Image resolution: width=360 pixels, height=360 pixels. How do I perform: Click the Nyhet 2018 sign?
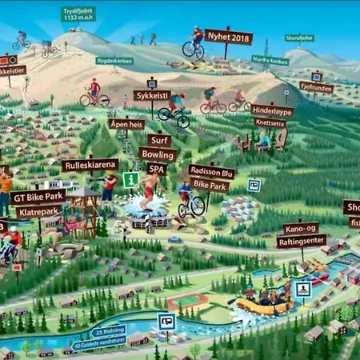point(228,37)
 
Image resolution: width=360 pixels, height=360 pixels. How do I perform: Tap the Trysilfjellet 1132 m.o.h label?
point(78,14)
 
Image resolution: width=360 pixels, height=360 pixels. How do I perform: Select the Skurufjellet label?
point(299,38)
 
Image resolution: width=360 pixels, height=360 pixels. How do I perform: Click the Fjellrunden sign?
point(316,87)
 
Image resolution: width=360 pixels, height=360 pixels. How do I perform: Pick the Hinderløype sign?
point(272,111)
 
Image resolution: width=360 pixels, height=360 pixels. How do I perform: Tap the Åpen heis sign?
point(126,124)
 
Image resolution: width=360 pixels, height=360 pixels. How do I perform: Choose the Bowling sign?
point(158,154)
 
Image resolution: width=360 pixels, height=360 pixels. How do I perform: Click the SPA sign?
point(156,169)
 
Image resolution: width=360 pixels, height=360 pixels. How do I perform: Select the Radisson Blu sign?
point(211,172)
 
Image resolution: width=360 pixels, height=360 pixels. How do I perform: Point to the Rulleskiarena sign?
point(90,165)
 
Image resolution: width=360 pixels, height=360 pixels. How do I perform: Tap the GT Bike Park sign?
point(39,196)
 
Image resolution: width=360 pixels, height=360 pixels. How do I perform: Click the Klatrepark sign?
point(38,212)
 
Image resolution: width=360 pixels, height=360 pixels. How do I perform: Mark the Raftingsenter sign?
point(301,241)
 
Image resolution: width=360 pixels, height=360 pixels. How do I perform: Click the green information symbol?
point(130,179)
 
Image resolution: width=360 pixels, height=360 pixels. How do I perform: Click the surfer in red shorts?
point(150,189)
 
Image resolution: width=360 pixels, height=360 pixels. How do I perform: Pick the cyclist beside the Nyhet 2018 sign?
point(194,43)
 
